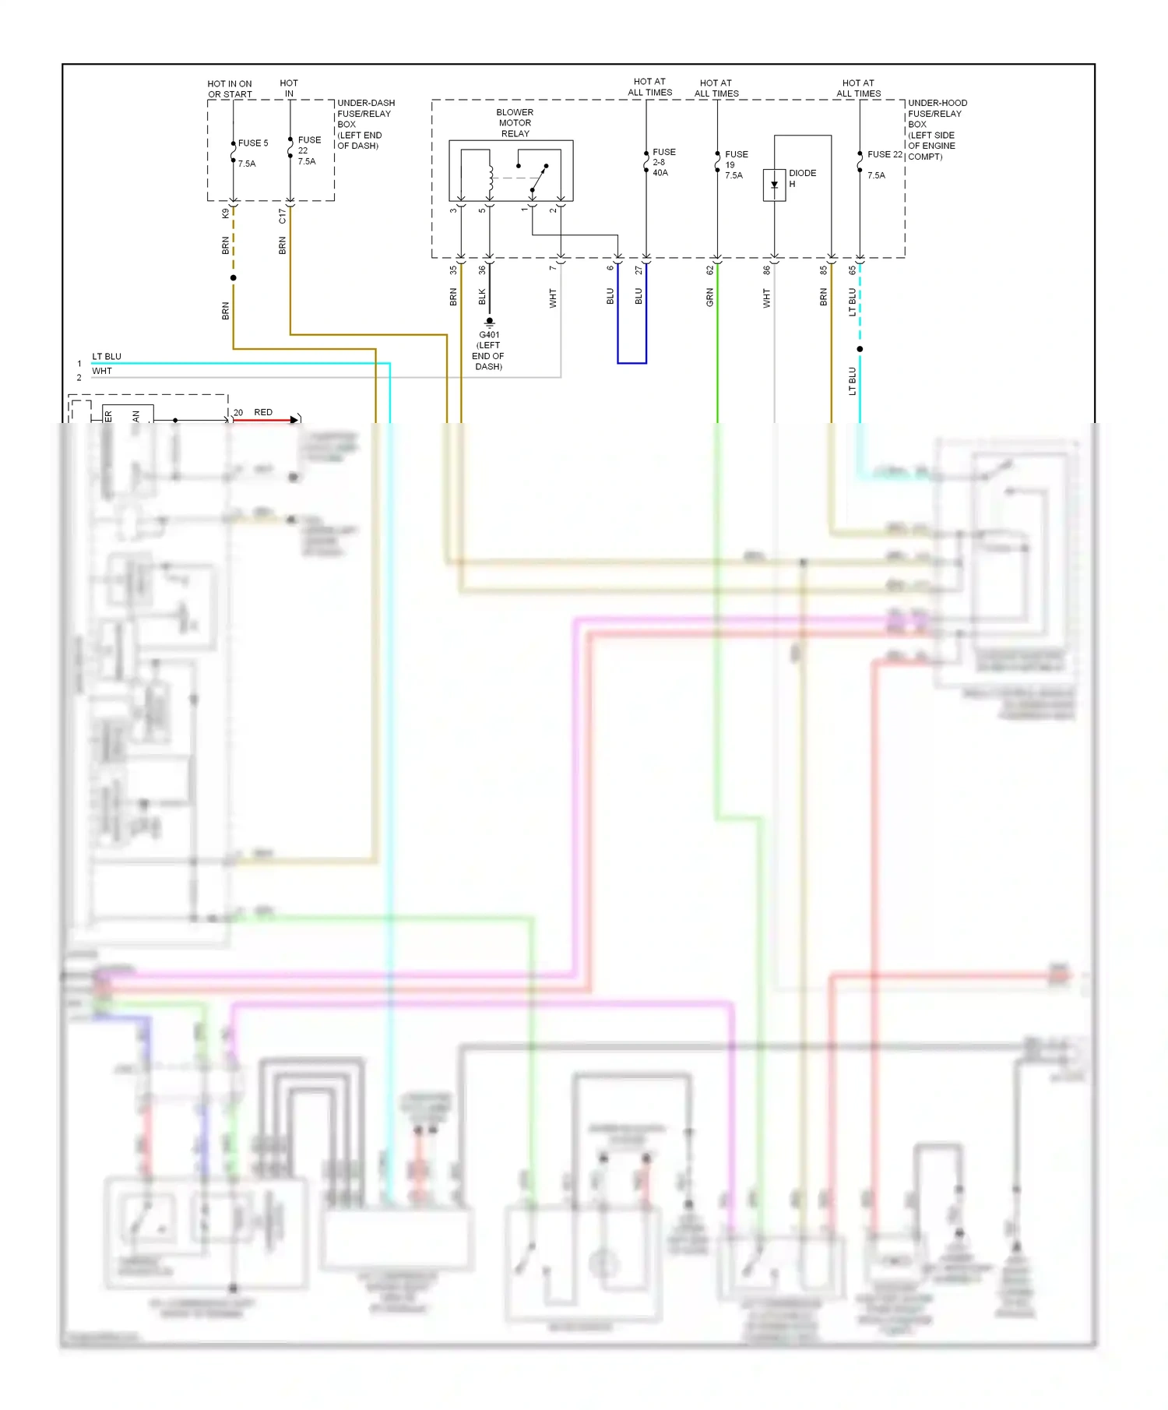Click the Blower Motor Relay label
pyautogui.click(x=515, y=123)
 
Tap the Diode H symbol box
pyautogui.click(x=774, y=185)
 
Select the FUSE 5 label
pyautogui.click(x=252, y=143)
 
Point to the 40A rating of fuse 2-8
pyautogui.click(x=660, y=173)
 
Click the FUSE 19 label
pyautogui.click(x=736, y=159)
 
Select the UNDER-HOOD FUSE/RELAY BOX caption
pyautogui.click(x=937, y=129)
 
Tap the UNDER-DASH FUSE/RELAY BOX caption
pyautogui.click(x=365, y=124)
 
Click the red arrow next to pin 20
pyautogui.click(x=294, y=420)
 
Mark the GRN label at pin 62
pyautogui.click(x=709, y=297)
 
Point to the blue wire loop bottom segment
pyautogui.click(x=631, y=363)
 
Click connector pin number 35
pyautogui.click(x=453, y=270)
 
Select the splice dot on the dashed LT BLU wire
pyautogui.click(x=860, y=349)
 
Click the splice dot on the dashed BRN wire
pyautogui.click(x=233, y=278)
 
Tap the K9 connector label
pyautogui.click(x=226, y=213)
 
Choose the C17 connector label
pyautogui.click(x=282, y=216)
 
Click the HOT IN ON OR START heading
pyautogui.click(x=230, y=89)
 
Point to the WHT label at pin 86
pyautogui.click(x=766, y=298)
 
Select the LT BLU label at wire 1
pyautogui.click(x=107, y=357)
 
